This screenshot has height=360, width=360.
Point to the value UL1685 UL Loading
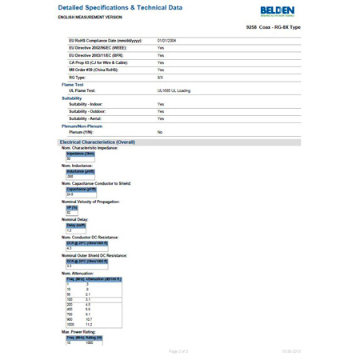click(174, 90)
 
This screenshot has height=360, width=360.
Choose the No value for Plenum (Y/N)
click(160, 131)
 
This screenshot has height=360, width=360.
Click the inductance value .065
click(70, 176)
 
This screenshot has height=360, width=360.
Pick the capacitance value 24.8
click(70, 194)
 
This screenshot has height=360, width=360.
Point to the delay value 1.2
click(70, 230)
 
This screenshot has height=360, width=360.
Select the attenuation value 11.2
click(90, 325)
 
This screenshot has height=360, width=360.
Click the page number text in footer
click(178, 351)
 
